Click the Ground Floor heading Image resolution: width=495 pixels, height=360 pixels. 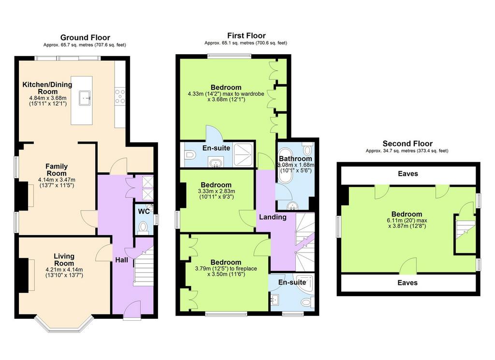85,38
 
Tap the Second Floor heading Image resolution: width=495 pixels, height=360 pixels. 407,144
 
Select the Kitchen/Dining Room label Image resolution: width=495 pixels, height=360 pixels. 47,88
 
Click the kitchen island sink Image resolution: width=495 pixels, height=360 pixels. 85,98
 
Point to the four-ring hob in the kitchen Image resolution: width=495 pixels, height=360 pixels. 120,96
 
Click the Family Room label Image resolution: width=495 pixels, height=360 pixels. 57,170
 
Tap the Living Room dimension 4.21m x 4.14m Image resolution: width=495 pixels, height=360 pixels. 64,270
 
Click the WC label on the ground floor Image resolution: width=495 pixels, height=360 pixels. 144,211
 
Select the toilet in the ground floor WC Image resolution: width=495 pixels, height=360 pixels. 143,226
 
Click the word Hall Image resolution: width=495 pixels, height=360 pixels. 121,260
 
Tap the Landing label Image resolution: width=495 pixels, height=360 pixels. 273,217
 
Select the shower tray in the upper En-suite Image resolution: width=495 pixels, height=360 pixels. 243,155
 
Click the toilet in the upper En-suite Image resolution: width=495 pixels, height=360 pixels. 189,155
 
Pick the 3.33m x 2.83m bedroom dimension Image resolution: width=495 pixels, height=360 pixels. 217,191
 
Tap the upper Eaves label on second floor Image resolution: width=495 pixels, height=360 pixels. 408,174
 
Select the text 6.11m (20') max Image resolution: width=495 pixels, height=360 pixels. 407,221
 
